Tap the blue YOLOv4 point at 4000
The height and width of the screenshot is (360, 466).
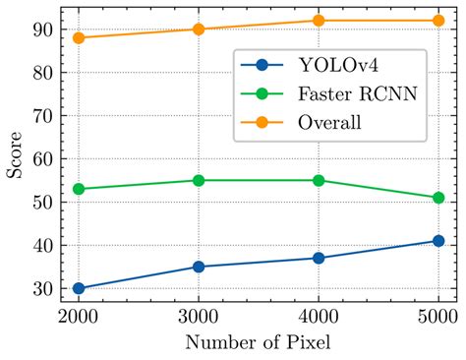[x=319, y=258]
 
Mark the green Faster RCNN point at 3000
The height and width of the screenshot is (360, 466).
[x=199, y=180]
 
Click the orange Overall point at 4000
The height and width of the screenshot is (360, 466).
[x=319, y=21]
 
